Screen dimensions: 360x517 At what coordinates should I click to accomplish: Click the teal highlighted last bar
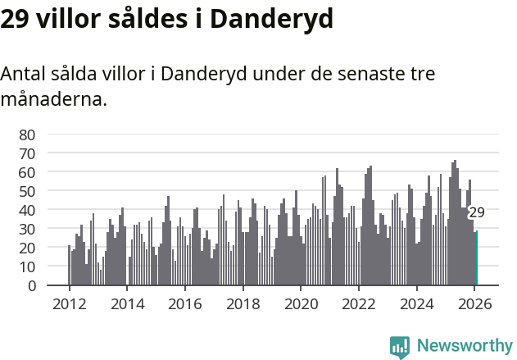click(476, 258)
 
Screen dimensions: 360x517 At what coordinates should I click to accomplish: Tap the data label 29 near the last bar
click(476, 212)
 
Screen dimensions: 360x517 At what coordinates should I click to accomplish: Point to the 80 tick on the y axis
click(28, 134)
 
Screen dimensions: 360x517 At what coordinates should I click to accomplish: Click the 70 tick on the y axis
click(28, 153)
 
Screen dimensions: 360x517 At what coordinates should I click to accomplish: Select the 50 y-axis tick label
click(28, 191)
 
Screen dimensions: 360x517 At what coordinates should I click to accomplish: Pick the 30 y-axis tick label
click(28, 229)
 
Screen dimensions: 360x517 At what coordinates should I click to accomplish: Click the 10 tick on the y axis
click(28, 267)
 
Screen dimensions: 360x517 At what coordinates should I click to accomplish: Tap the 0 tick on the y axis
click(32, 285)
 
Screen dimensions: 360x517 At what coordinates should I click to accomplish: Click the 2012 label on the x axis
click(69, 303)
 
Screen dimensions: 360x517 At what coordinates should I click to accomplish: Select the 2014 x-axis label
click(127, 303)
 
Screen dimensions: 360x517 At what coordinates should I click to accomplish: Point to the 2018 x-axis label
click(243, 303)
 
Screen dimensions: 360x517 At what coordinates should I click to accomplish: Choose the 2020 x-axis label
click(301, 303)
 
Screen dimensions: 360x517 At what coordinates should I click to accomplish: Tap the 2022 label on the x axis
click(358, 303)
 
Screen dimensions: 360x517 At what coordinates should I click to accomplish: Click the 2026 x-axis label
click(474, 303)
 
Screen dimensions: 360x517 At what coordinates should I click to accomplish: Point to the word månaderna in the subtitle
click(53, 100)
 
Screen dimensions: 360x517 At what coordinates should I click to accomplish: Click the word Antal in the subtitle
click(22, 74)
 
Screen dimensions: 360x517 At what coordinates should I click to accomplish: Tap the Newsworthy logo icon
click(400, 347)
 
